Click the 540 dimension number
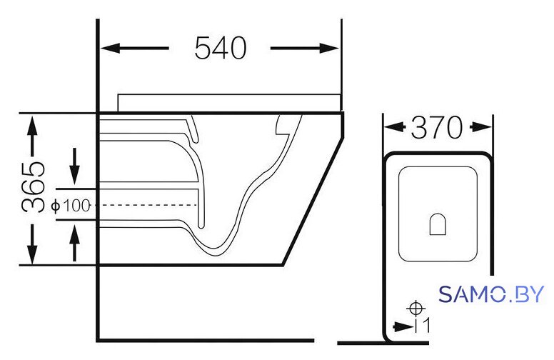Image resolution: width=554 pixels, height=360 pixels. [x=221, y=48]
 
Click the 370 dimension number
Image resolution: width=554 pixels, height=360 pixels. [x=437, y=127]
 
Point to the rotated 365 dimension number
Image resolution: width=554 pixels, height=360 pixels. [x=34, y=187]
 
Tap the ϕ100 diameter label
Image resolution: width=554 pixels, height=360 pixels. [x=71, y=206]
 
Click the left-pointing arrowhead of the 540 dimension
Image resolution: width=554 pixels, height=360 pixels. [x=110, y=48]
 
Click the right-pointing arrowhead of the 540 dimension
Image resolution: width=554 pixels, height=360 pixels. [x=329, y=48]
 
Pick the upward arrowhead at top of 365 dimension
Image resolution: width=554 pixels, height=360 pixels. [x=33, y=126]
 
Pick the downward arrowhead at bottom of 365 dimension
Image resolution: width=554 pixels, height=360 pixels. [x=33, y=253]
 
